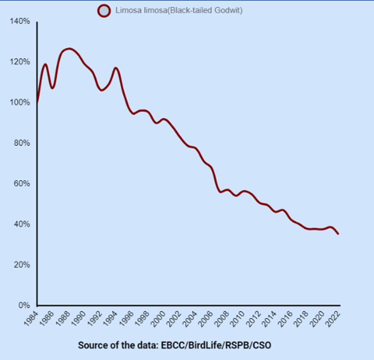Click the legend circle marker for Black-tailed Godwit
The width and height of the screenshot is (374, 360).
[x=104, y=11]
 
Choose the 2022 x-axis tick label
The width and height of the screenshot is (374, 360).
[x=333, y=318]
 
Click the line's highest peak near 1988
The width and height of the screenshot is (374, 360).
[x=69, y=49]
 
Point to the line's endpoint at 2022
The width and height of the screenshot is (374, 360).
[x=339, y=234]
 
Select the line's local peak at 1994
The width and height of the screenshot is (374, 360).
[x=116, y=68]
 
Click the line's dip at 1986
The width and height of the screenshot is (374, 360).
[x=53, y=88]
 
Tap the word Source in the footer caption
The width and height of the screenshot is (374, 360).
[x=90, y=345]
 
